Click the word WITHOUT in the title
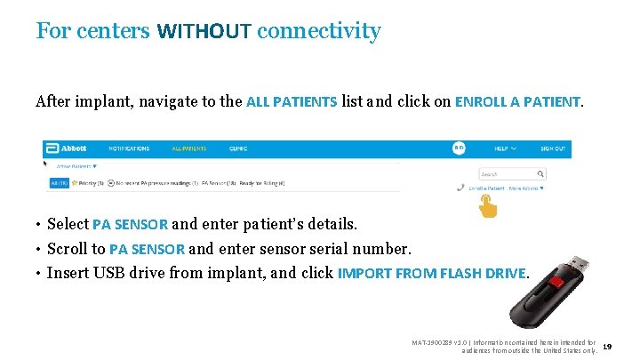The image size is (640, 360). [204, 32]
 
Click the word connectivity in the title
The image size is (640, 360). [319, 32]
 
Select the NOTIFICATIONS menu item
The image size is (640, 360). [129, 148]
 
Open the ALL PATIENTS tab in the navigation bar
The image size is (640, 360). [188, 148]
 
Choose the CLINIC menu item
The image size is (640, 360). [237, 148]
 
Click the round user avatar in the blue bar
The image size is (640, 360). [460, 148]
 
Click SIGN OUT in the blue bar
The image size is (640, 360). [552, 148]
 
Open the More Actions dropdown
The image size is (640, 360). [525, 188]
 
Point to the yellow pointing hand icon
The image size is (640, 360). [488, 206]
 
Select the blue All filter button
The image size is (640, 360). [58, 183]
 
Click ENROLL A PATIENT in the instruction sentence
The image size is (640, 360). [518, 101]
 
